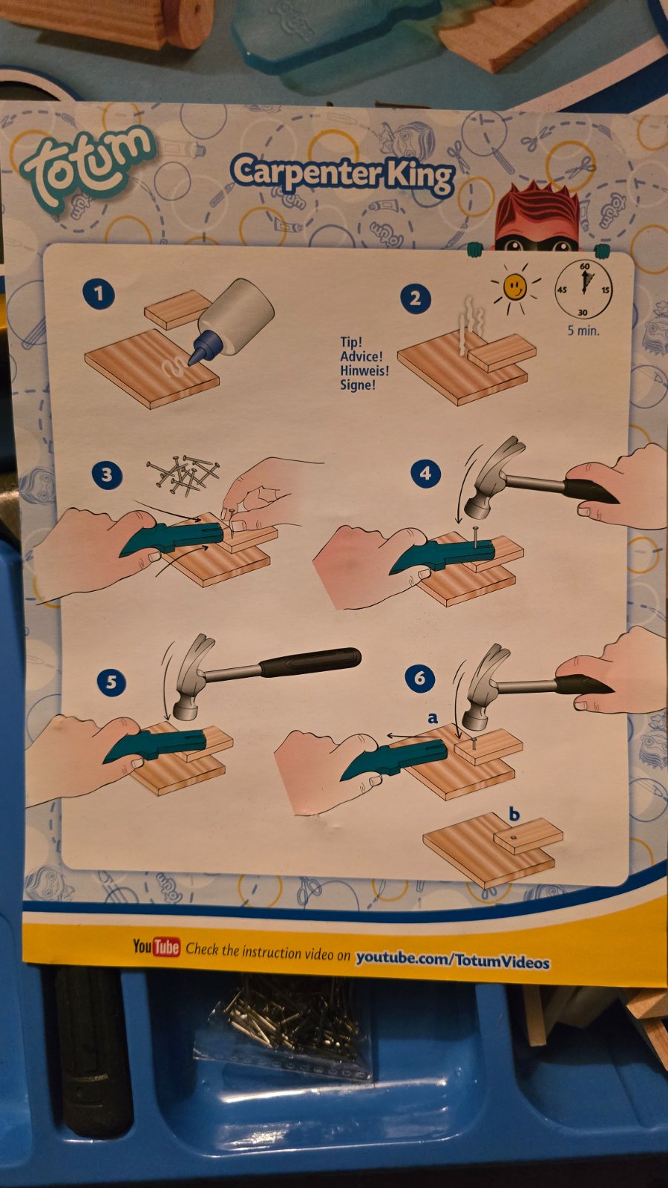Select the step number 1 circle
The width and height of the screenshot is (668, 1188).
(99, 293)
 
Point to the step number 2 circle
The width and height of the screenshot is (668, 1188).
(415, 298)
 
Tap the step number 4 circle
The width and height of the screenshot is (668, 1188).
(426, 472)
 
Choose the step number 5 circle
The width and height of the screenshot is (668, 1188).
(111, 682)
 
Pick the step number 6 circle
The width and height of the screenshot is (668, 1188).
(419, 677)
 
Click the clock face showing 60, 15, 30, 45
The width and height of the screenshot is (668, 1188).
(583, 290)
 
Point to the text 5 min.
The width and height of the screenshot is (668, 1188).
(583, 330)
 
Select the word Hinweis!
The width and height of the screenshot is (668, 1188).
(364, 371)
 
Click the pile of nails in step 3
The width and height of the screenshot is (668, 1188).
(183, 474)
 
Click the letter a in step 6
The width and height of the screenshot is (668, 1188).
(433, 718)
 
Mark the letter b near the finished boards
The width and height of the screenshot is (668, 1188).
(514, 814)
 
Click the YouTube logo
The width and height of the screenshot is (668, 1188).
(157, 946)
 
